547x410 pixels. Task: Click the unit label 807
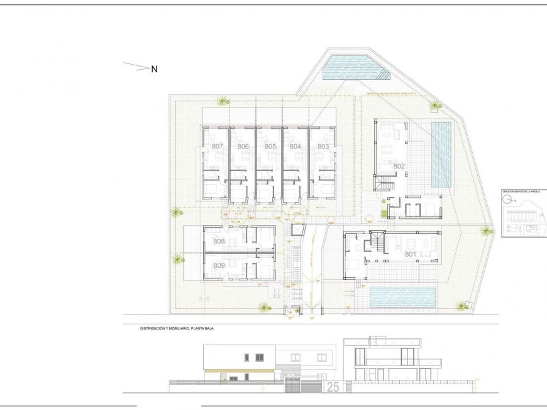[218, 147]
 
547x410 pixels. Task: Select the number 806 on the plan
[243, 147]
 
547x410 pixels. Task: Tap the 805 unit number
[270, 147]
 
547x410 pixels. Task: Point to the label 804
[296, 147]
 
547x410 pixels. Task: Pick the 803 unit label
[323, 147]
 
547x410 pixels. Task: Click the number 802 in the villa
[399, 166]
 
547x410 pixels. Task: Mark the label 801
[411, 255]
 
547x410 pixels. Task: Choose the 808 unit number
[219, 241]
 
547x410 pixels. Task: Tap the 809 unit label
[219, 266]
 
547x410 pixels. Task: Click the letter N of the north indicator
[154, 69]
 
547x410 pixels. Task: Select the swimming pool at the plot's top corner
[353, 69]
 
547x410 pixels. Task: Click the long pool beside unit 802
[441, 154]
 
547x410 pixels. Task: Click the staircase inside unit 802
[383, 184]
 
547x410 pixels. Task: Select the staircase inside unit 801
[377, 241]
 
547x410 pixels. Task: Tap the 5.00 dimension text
[204, 299]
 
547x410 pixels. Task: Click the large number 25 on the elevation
[333, 387]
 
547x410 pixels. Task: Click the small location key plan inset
[522, 214]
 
